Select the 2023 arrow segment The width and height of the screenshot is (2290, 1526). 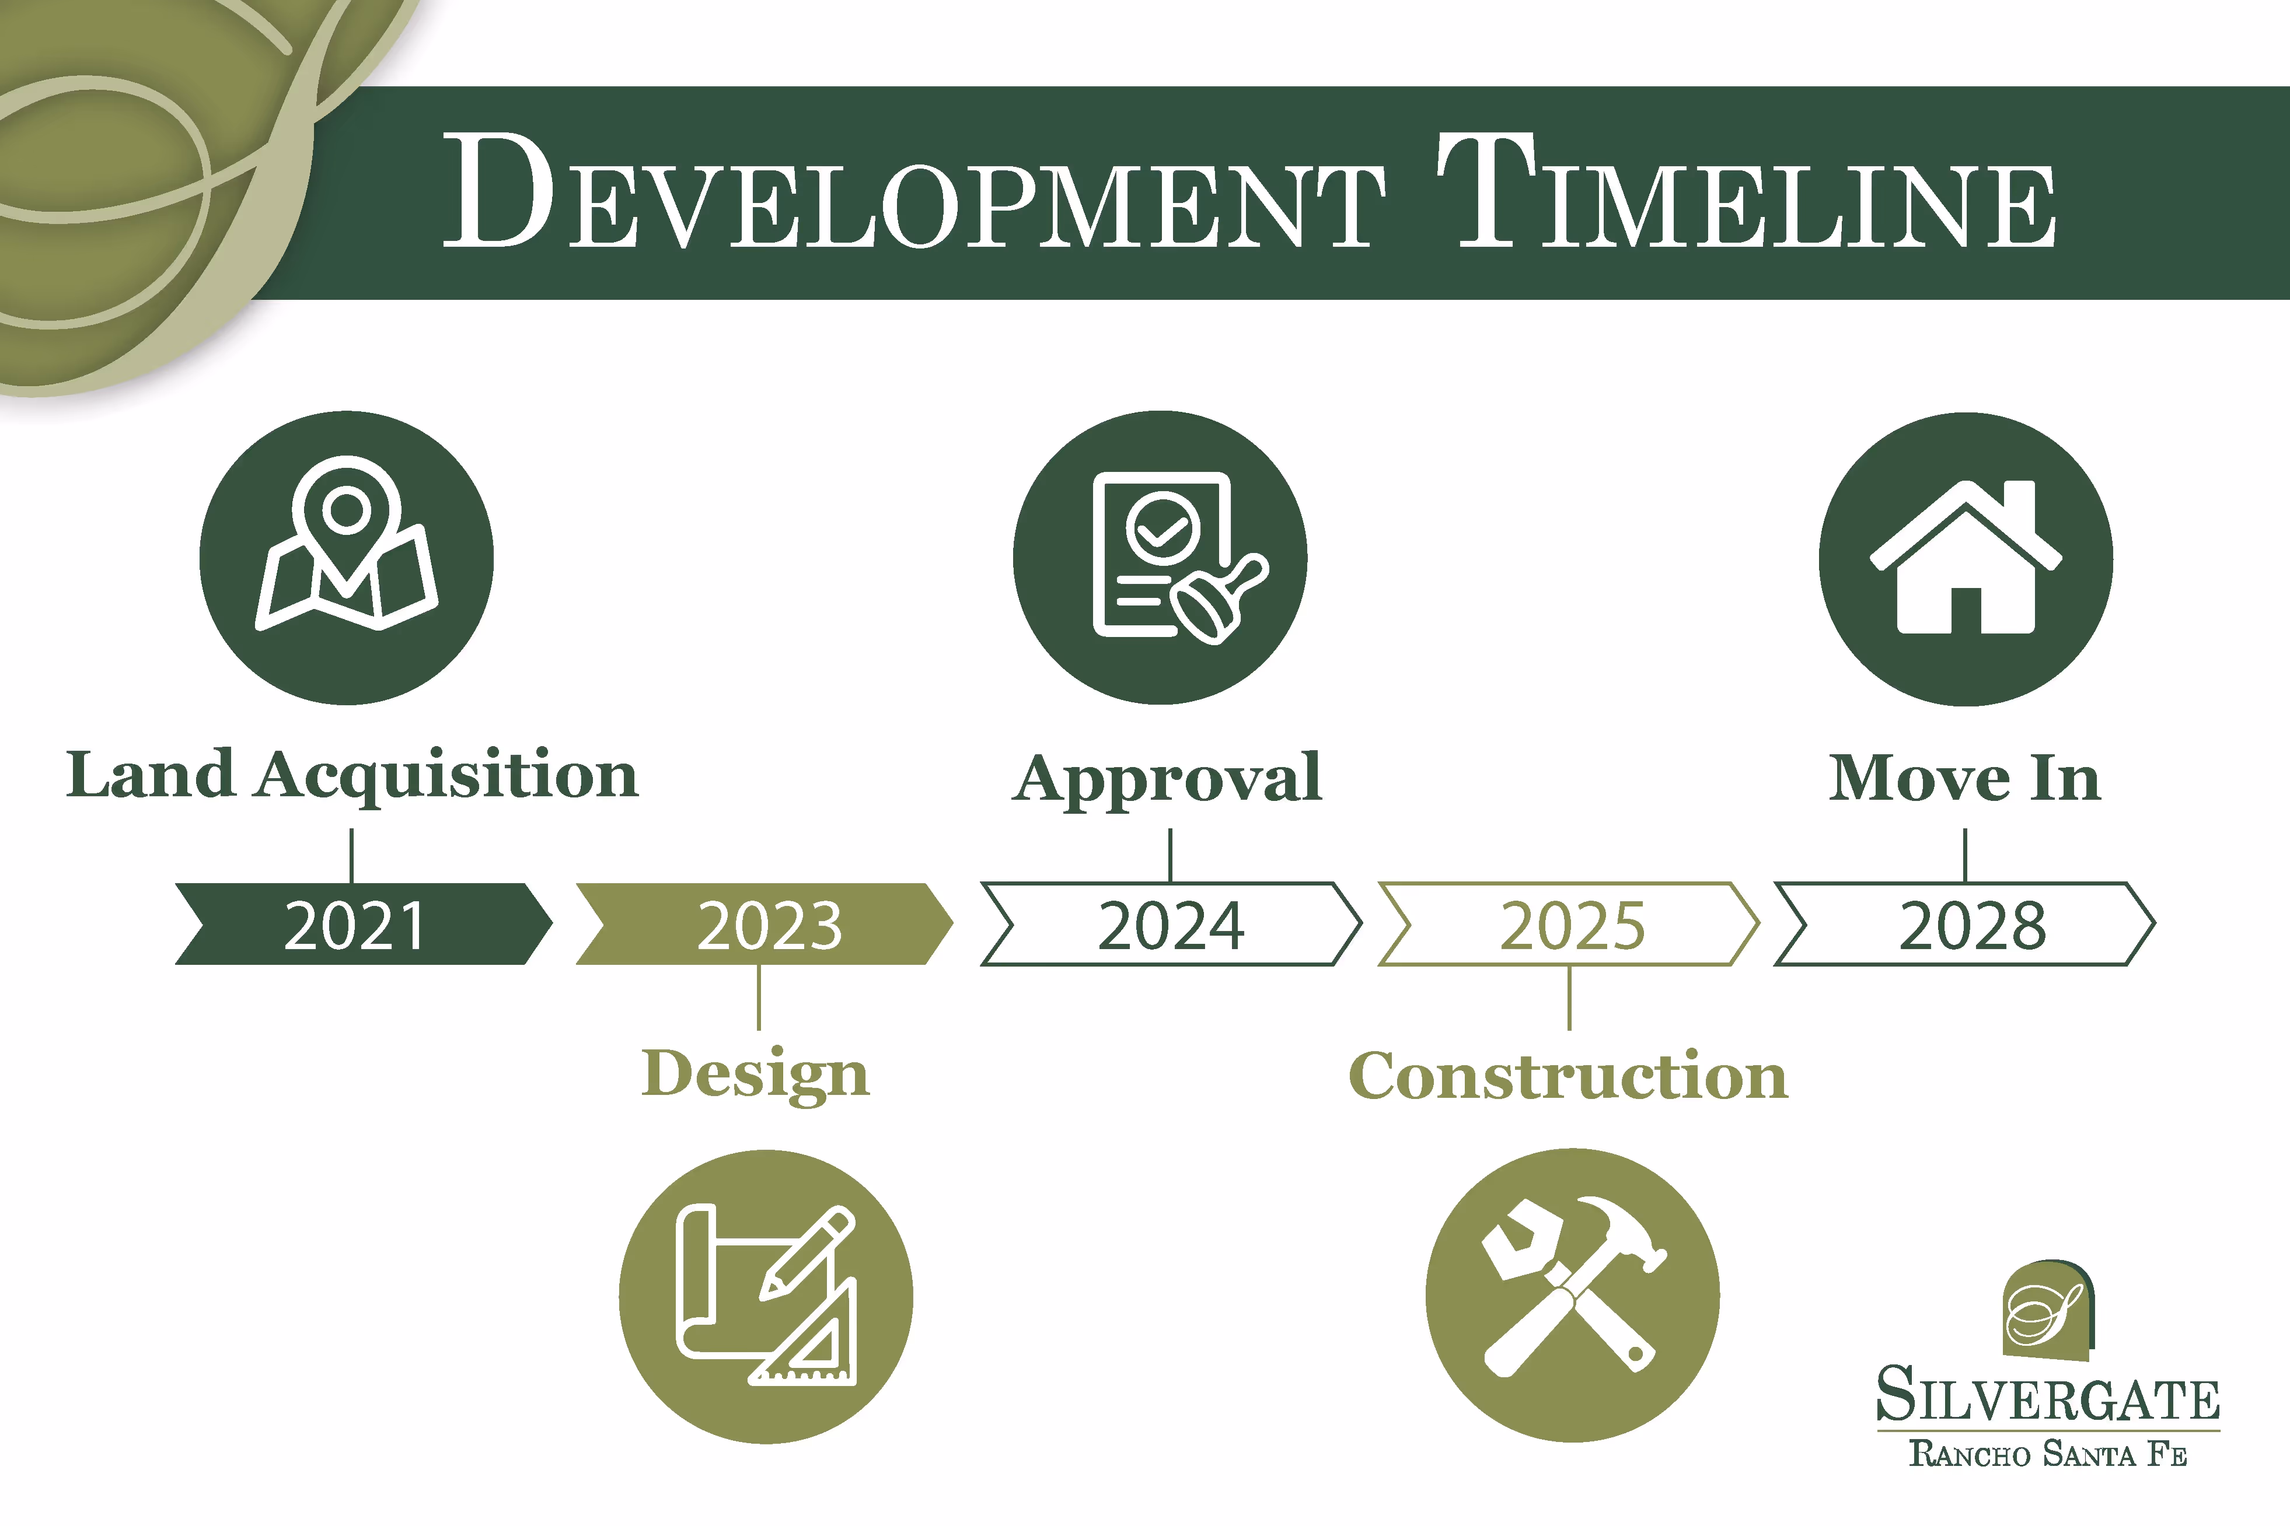point(765,923)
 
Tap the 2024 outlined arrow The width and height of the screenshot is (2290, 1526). point(1170,923)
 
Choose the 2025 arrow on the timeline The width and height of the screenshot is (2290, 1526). point(1569,923)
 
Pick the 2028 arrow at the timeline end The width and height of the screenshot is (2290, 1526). point(1967,923)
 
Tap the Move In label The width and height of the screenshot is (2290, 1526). point(1965,779)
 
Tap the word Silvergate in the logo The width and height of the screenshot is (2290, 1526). point(2048,1395)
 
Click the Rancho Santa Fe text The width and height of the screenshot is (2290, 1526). point(2048,1454)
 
